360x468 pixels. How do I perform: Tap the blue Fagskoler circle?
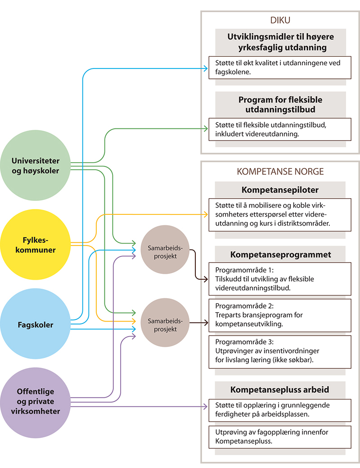[36, 324]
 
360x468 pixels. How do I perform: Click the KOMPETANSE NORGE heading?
[280, 172]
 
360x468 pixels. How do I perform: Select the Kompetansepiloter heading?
[280, 189]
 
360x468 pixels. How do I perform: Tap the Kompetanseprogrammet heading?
[280, 254]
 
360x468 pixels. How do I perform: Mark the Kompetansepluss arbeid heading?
[280, 389]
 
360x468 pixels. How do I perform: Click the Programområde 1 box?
[280, 279]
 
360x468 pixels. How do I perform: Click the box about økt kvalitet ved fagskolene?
[280, 67]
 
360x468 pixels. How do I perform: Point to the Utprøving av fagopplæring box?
[280, 436]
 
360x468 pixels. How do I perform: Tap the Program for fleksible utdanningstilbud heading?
[280, 104]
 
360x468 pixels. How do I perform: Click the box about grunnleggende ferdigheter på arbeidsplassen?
[280, 409]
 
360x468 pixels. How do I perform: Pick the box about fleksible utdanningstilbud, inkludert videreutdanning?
[280, 129]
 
